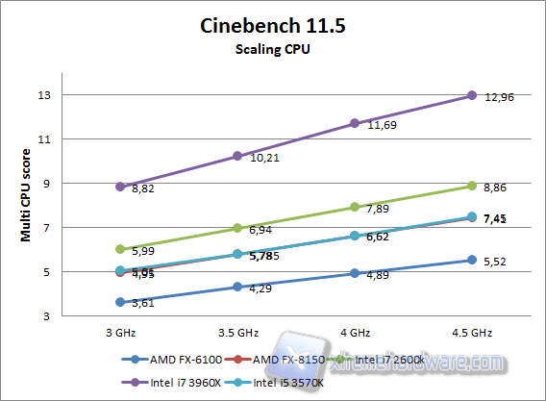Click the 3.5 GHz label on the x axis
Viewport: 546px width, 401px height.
tap(237, 332)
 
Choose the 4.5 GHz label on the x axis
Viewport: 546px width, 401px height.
tap(471, 332)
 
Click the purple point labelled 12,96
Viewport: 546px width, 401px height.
tap(472, 95)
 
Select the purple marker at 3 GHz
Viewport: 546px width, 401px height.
tap(120, 187)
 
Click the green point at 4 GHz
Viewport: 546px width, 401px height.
tap(355, 207)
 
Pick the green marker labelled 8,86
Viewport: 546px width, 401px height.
tap(472, 186)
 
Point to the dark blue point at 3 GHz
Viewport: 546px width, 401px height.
tap(120, 302)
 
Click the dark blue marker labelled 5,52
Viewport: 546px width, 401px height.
tap(472, 260)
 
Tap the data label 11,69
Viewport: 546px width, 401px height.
tap(381, 127)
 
